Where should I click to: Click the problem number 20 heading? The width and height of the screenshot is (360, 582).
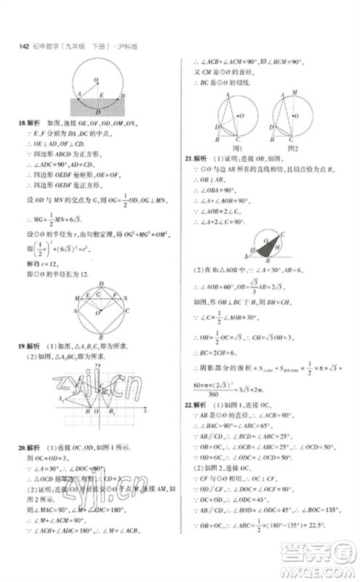20,447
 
